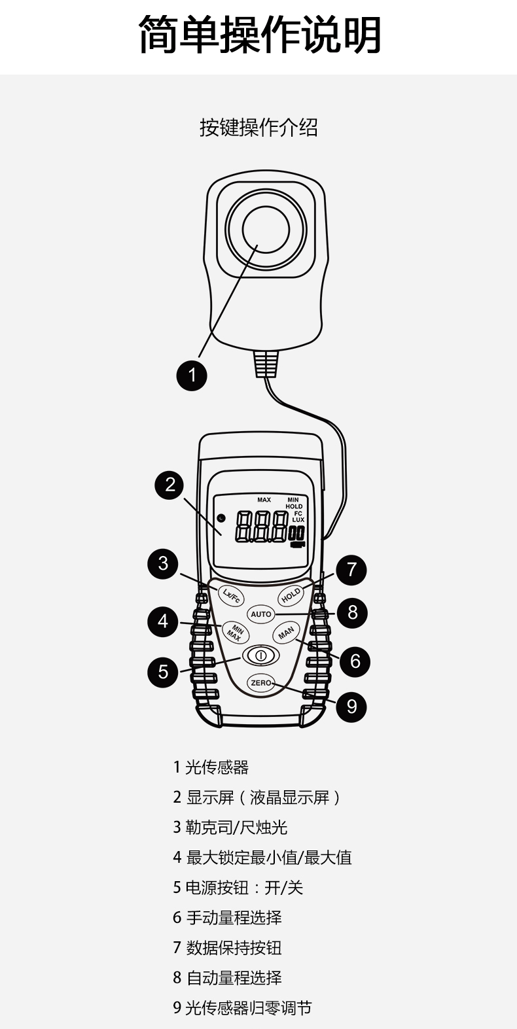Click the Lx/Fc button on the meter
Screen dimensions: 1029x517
230,595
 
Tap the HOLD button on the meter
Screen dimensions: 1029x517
291,595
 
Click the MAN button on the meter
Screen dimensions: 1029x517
286,633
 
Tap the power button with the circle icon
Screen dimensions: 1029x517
260,655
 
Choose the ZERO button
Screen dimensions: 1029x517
261,682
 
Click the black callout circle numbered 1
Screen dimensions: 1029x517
192,375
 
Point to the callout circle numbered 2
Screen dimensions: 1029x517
170,485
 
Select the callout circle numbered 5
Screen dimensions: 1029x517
163,672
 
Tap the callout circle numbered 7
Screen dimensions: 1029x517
351,569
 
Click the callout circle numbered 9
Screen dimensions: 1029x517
352,706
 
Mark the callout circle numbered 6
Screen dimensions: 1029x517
355,661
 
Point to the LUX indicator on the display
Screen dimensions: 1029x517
298,519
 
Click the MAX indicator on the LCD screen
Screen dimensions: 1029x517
264,500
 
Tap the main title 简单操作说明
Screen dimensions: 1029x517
259,35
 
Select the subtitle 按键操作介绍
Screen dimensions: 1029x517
258,128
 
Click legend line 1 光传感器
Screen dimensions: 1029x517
211,767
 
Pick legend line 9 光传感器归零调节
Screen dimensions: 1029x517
242,1008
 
